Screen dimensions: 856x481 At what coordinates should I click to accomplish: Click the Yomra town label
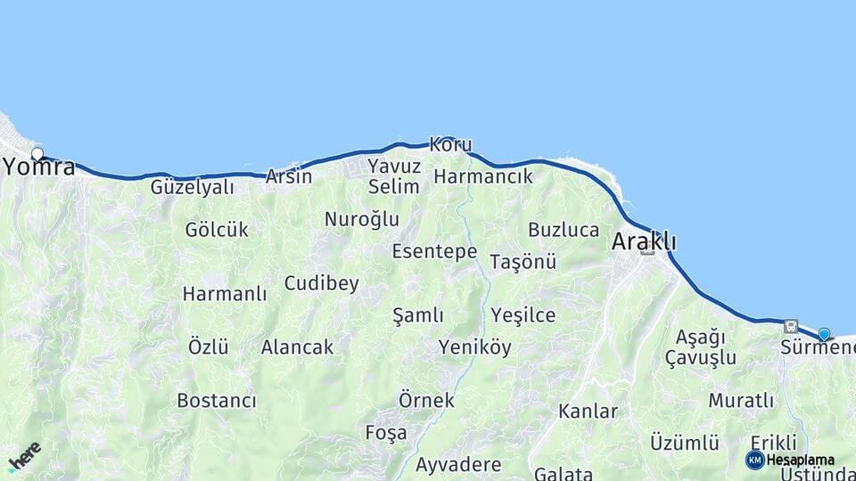[39, 167]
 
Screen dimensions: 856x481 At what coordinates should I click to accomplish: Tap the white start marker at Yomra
[37, 154]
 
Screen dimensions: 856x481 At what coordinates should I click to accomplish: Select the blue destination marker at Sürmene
[824, 335]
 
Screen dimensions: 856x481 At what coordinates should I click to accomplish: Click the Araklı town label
[644, 241]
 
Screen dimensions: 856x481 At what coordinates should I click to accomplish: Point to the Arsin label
[289, 176]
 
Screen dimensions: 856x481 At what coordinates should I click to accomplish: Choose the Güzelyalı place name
[192, 187]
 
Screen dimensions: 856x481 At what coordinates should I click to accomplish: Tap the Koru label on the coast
[450, 144]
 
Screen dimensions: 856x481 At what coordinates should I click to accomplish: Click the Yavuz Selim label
[393, 176]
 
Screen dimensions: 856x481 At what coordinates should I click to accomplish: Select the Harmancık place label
[482, 176]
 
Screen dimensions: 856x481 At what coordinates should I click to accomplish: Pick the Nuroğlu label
[361, 219]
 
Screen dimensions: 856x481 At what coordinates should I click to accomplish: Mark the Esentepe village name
[434, 251]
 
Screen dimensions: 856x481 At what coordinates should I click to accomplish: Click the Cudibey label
[321, 284]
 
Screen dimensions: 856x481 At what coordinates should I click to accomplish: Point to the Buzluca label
[564, 230]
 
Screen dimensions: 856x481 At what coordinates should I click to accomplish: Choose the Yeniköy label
[474, 347]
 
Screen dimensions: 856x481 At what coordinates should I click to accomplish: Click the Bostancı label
[217, 401]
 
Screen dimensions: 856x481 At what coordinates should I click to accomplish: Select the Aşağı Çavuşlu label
[701, 347]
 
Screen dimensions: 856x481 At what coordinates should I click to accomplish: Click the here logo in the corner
[24, 456]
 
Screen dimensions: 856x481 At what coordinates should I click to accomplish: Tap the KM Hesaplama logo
[790, 460]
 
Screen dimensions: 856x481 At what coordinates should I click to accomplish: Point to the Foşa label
[386, 433]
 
